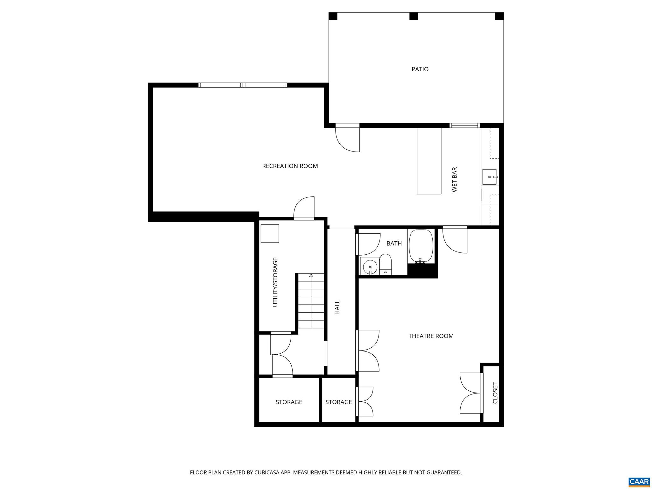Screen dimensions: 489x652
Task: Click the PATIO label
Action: pos(420,69)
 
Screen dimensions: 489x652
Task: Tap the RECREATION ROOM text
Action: pos(290,166)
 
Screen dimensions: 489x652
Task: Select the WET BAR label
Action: pos(455,180)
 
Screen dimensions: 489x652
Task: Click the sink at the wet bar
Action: pos(489,177)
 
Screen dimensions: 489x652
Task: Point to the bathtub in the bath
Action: pos(421,246)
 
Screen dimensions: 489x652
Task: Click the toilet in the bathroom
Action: pos(386,264)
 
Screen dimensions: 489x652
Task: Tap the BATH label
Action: pos(394,244)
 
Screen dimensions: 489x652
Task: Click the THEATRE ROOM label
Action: pos(431,336)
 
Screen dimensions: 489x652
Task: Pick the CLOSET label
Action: pos(495,393)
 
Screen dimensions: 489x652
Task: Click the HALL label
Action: pos(337,307)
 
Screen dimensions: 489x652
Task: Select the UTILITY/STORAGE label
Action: pos(275,282)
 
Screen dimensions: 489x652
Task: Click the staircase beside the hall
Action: pos(311,301)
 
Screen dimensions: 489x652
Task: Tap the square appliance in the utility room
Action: pos(270,233)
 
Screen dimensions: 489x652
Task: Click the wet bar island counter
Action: pos(429,161)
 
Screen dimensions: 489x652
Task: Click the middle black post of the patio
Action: pos(413,16)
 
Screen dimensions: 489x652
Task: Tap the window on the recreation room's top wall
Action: pos(243,85)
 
